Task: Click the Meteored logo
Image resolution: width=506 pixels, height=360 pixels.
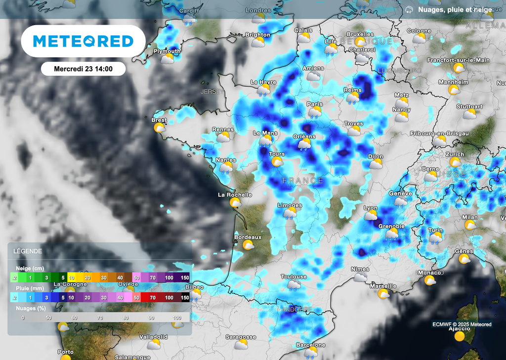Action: pyautogui.click(x=83, y=41)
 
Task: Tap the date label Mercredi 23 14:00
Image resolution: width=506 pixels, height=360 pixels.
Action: pyautogui.click(x=83, y=69)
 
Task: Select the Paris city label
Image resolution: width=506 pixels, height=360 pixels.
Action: pyautogui.click(x=315, y=104)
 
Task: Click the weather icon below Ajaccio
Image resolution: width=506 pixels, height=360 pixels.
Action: pyautogui.click(x=460, y=337)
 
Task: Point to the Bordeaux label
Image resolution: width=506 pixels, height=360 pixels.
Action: pyautogui.click(x=248, y=237)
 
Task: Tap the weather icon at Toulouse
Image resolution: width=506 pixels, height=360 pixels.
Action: pyautogui.click(x=294, y=284)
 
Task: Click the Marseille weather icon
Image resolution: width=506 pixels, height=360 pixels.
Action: pyautogui.click(x=383, y=294)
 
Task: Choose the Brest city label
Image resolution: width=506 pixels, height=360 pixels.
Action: pyautogui.click(x=159, y=120)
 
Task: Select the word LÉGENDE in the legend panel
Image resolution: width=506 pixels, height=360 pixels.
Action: pyautogui.click(x=28, y=251)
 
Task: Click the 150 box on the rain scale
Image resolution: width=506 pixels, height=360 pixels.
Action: pyautogui.click(x=185, y=298)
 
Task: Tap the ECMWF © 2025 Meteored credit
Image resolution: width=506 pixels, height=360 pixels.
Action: pyautogui.click(x=462, y=324)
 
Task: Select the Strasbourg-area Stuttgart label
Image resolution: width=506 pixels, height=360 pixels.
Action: pyautogui.click(x=469, y=107)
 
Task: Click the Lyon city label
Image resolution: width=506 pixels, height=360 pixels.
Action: pyautogui.click(x=370, y=208)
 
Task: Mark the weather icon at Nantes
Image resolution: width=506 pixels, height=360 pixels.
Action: pyautogui.click(x=226, y=168)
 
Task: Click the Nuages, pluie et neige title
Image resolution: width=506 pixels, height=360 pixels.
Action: pyautogui.click(x=455, y=9)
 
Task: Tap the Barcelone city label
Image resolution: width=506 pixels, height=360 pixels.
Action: pyautogui.click(x=310, y=345)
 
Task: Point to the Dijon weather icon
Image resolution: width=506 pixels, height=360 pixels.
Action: pyautogui.click(x=376, y=164)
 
